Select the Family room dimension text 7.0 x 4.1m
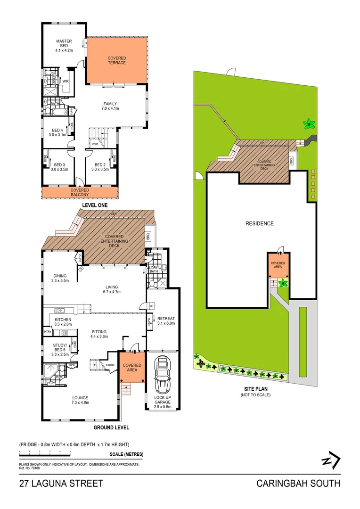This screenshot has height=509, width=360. tap(110, 109)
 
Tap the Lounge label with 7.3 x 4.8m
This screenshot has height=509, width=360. tap(81, 400)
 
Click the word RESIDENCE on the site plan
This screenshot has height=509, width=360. tap(259, 223)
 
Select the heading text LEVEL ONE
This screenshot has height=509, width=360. tap(94, 205)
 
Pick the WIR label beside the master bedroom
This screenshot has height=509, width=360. tap(65, 81)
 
